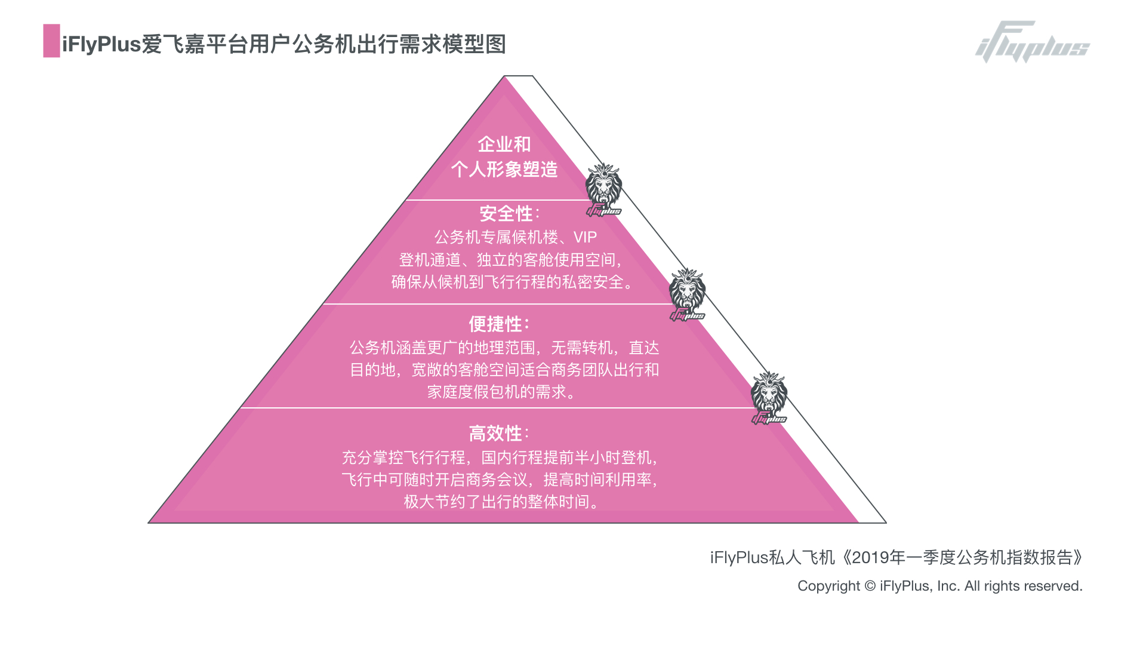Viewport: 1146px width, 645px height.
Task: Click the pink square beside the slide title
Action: [51, 41]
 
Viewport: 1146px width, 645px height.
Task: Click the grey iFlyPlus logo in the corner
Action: [1033, 43]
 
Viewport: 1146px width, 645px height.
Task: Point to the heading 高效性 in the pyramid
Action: [495, 434]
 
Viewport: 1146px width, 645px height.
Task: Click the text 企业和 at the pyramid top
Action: [504, 144]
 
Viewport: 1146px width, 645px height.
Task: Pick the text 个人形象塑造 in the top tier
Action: [504, 170]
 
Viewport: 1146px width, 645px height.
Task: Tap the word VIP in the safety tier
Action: [585, 238]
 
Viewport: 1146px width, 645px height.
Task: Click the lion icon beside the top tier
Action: [603, 189]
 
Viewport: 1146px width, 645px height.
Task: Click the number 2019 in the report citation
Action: [870, 558]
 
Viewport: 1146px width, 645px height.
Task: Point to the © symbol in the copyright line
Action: [870, 586]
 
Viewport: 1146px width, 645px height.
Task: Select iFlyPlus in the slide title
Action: [101, 44]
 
